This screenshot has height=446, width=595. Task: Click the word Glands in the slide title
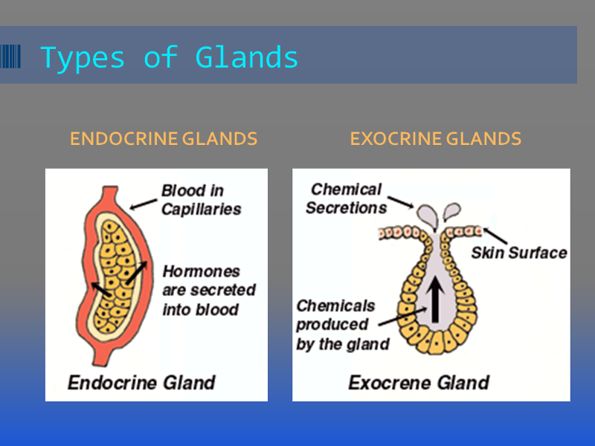[x=247, y=57]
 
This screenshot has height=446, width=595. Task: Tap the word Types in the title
[x=83, y=59]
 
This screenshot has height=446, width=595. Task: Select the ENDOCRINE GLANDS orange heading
[x=164, y=138]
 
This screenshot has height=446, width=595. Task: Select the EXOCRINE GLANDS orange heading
[x=436, y=138]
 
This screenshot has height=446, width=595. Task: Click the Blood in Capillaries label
[x=201, y=200]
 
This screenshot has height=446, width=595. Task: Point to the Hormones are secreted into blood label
[x=209, y=291]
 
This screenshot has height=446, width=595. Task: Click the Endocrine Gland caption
[x=141, y=382]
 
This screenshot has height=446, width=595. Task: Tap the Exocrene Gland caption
[x=419, y=382]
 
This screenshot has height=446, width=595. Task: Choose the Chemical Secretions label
[x=346, y=198]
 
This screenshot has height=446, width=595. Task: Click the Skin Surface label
[x=519, y=253]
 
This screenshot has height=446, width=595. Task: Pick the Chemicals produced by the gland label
[x=343, y=325]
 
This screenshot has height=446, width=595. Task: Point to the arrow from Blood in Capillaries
[x=143, y=204]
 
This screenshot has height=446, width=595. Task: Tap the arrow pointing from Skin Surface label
[x=495, y=235]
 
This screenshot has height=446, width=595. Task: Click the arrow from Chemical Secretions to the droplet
[x=401, y=202]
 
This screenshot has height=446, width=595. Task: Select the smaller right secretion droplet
[x=452, y=211]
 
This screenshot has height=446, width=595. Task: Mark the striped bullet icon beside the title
[x=10, y=56]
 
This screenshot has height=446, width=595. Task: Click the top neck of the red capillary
[x=110, y=193]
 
